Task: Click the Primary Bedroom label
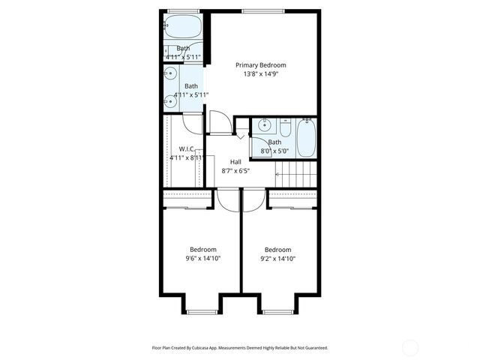tap(260, 65)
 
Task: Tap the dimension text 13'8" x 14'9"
tap(260, 74)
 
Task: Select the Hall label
tap(235, 162)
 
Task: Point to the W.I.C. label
tap(187, 148)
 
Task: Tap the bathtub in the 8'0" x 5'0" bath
tap(307, 137)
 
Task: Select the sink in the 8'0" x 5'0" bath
tap(264, 125)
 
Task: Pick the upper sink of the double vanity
tap(171, 73)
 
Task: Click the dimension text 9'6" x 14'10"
tap(203, 259)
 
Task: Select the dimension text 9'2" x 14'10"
tap(278, 259)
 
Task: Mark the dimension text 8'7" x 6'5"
tap(235, 171)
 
